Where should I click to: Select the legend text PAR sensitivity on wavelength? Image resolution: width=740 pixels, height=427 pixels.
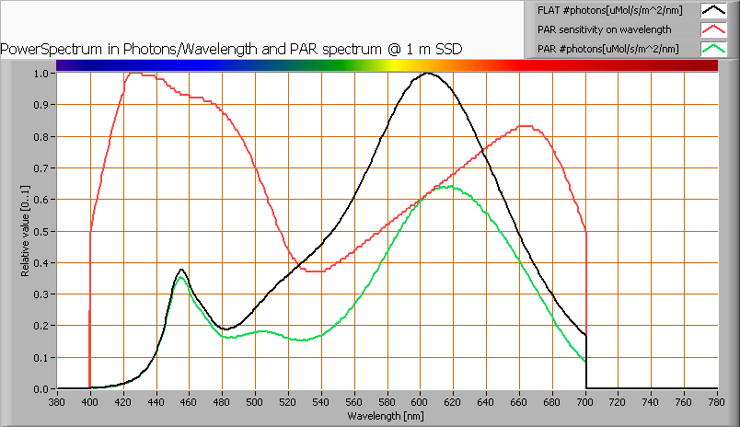pyautogui.click(x=604, y=29)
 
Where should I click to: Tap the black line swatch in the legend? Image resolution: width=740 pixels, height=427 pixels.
pyautogui.click(x=713, y=10)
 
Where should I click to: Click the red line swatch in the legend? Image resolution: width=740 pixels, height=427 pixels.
pyautogui.click(x=713, y=29)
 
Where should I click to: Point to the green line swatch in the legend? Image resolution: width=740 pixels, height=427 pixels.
pyautogui.click(x=713, y=49)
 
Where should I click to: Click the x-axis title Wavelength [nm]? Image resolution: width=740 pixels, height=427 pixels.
pyautogui.click(x=387, y=416)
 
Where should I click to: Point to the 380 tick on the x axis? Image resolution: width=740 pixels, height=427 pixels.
pyautogui.click(x=57, y=401)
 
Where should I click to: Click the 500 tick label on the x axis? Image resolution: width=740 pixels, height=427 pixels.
pyautogui.click(x=255, y=401)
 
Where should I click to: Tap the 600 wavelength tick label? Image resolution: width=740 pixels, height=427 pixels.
pyautogui.click(x=421, y=401)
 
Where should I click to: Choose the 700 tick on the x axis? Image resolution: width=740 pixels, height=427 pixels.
pyautogui.click(x=585, y=401)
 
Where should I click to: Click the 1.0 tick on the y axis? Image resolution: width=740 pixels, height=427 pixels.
pyautogui.click(x=40, y=74)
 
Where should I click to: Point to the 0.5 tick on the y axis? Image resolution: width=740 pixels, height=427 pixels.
pyautogui.click(x=40, y=231)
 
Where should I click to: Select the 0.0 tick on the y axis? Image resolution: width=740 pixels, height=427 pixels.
pyautogui.click(x=40, y=388)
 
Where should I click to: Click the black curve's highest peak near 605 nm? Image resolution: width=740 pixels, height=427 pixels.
pyautogui.click(x=428, y=74)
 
